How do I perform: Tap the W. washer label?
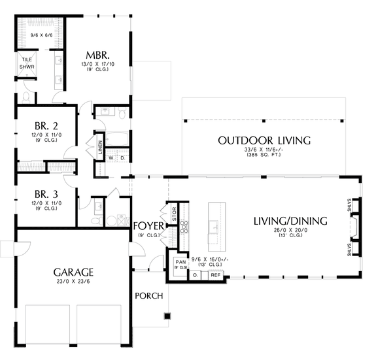111,158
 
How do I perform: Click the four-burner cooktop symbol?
184,227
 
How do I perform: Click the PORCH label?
148,296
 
